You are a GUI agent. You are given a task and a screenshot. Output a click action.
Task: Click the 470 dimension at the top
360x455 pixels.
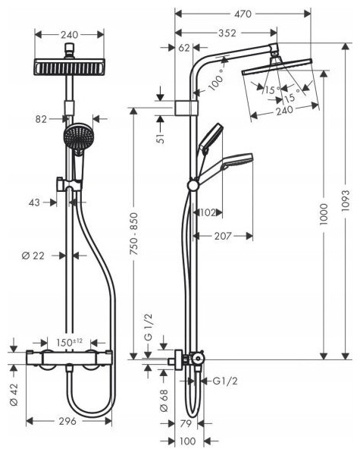[243, 14]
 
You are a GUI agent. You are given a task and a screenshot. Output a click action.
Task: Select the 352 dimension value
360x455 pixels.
[227, 33]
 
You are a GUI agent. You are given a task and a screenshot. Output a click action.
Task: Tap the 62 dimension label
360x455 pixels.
[184, 48]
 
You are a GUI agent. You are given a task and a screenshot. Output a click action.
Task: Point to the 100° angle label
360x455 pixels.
[217, 80]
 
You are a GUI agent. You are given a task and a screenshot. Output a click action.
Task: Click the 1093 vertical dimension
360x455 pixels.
[346, 201]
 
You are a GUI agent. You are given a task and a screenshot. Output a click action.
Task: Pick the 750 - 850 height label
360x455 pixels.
[133, 234]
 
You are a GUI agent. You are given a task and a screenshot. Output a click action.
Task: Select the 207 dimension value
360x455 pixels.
[223, 236]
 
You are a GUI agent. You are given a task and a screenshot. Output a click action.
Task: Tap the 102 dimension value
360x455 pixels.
[208, 212]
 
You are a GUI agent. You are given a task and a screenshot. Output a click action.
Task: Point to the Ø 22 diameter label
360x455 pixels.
[33, 256]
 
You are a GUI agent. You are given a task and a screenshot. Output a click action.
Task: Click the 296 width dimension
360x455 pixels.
[67, 421]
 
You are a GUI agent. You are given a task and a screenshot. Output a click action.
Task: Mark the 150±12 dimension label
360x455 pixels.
[69, 343]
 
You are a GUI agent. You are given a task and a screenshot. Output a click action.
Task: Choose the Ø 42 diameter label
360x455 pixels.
[14, 394]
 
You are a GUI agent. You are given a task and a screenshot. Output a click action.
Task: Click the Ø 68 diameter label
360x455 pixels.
[164, 400]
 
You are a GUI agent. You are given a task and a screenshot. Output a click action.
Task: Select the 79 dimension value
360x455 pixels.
[186, 424]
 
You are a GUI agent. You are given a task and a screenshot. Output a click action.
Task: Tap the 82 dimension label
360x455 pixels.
[41, 119]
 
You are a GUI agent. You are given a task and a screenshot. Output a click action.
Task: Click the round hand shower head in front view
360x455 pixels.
[77, 136]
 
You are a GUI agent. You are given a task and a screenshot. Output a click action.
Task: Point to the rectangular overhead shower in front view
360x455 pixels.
[69, 67]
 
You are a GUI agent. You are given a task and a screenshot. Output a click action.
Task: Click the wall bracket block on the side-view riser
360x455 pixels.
[186, 108]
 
